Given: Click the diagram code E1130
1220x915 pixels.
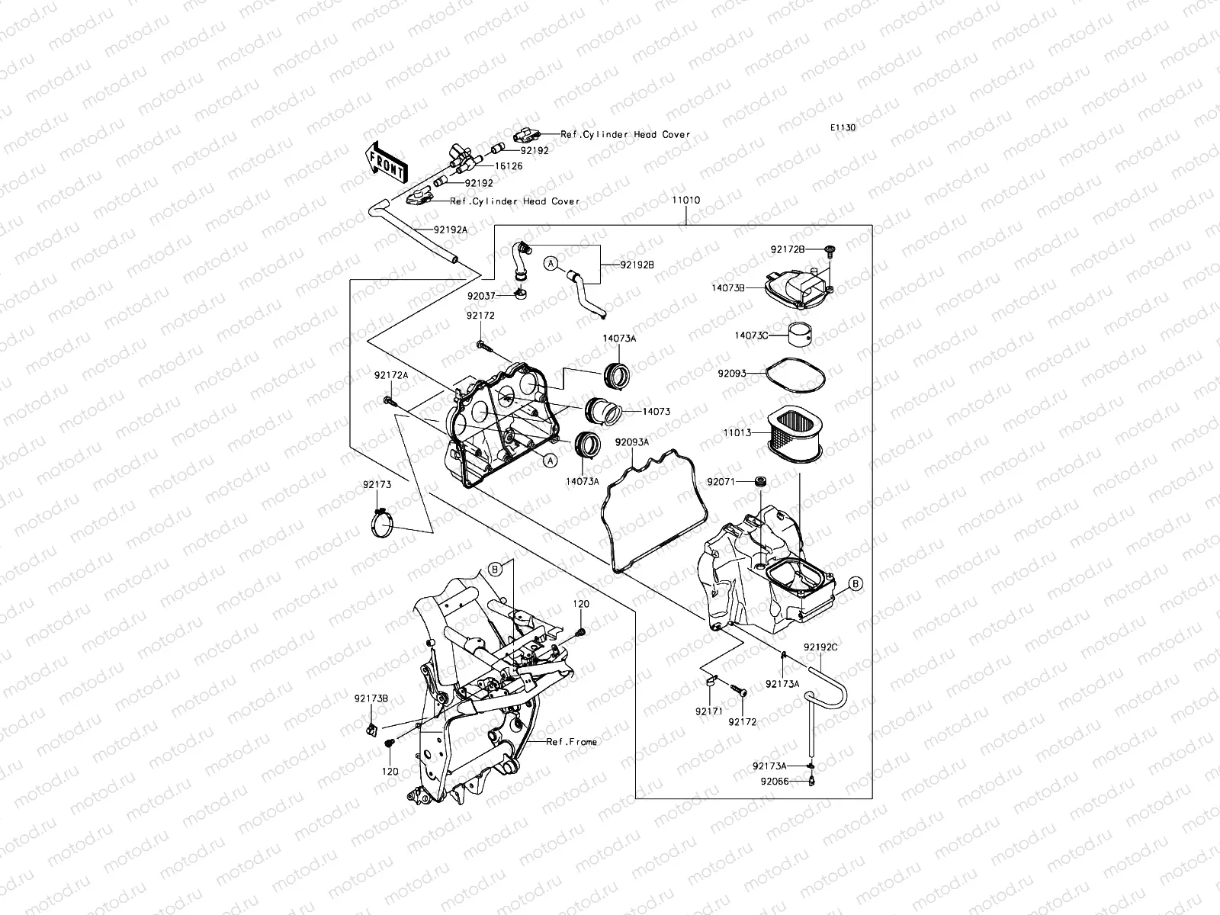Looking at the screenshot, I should click(843, 128).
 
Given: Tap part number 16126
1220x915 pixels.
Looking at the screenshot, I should click(509, 165).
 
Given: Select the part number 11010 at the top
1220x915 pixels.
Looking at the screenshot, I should click(685, 201).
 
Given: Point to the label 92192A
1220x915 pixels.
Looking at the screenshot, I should click(451, 229).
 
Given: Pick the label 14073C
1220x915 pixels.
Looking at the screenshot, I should click(751, 335).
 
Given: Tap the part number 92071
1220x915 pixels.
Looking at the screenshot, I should click(721, 482).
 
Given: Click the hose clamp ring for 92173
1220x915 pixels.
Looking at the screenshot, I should click(381, 525).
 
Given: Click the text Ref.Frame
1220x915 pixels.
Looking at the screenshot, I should click(572, 742).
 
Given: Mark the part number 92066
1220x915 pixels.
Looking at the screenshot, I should click(774, 781).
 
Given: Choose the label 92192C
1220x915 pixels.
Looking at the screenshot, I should click(820, 647).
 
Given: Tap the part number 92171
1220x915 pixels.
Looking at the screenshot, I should click(705, 711).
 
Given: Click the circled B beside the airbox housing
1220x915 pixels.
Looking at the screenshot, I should click(856, 584).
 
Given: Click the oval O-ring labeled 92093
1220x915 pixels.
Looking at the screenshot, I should click(794, 374).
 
